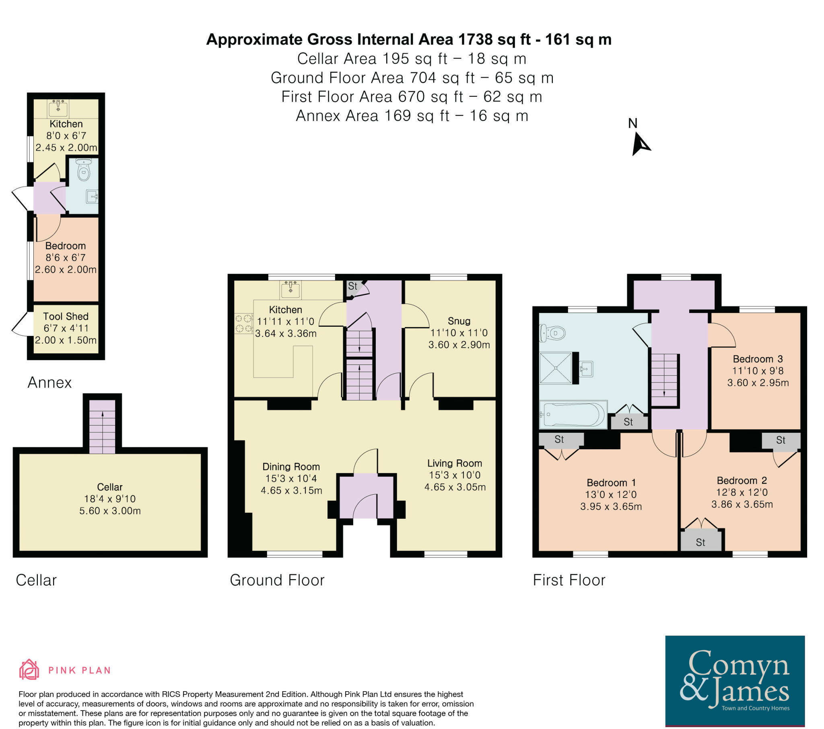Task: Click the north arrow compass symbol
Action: pos(640,144)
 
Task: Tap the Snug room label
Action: pos(459,321)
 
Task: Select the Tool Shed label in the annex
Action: pos(66,317)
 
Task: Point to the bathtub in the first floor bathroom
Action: pos(573,414)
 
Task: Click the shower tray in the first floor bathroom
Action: pos(556,368)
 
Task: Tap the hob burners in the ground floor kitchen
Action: pos(243,324)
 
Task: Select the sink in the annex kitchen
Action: pos(58,108)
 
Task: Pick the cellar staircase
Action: pos(102,426)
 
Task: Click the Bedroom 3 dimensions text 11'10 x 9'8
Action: pos(758,371)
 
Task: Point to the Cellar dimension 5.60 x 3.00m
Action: pos(110,511)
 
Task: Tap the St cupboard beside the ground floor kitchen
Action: pos(353,287)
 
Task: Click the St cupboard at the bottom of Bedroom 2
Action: pos(700,543)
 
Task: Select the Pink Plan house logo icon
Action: pos(29,670)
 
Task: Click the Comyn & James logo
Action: pos(735,681)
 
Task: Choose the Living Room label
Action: pos(454,464)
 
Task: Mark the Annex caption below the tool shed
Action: pos(49,383)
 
